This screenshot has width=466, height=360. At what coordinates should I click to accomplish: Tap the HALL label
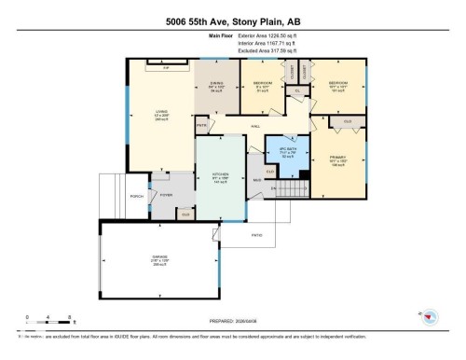[x=254, y=125]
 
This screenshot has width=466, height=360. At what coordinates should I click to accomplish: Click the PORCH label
[x=136, y=197]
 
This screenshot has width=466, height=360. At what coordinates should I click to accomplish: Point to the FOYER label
[x=167, y=195]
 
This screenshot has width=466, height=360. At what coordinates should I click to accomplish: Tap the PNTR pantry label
[x=201, y=126]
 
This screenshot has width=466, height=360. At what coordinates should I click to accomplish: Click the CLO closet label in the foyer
[x=185, y=214]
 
